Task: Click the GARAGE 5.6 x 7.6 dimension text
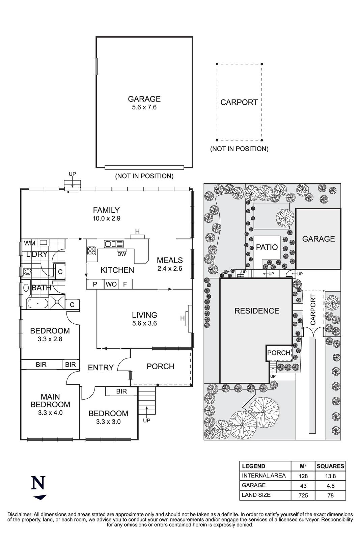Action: coord(144,108)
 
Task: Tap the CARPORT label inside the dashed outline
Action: coord(239,102)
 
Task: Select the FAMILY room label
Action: coord(106,210)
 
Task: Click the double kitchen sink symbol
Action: coord(114,244)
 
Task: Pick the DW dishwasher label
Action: coord(122,254)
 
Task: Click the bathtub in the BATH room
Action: coord(38,303)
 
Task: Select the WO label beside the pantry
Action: coord(111,285)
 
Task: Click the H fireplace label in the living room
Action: coord(183,318)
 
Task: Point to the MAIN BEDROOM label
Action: coord(50,401)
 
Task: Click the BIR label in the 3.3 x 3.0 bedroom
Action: coord(121,391)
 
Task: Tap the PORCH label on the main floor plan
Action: coord(160,367)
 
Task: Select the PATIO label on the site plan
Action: coord(267,247)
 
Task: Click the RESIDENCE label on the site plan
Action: coord(257,311)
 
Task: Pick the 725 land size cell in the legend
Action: coord(303,495)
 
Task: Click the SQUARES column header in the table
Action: coord(330,466)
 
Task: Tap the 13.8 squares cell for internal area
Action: coord(330,476)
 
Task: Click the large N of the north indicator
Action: coord(38,483)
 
